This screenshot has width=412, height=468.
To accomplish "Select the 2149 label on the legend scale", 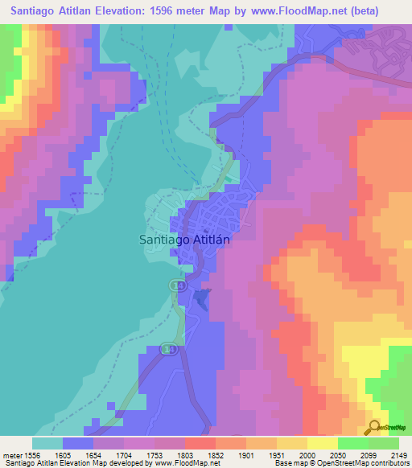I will [397, 454].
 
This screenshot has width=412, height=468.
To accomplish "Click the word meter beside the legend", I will [11, 454].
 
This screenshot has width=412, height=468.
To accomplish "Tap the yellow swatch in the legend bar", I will [322, 443].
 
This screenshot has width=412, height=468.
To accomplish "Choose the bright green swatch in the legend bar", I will [352, 443].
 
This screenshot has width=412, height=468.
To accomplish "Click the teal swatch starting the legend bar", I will [47, 443].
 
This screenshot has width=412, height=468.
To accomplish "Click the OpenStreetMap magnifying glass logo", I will [374, 427].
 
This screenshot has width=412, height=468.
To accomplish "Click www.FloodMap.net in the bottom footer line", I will [187, 463].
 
